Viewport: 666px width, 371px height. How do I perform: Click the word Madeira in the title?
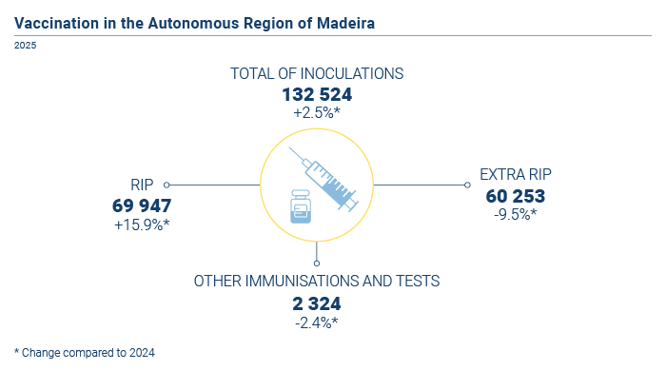click(345, 24)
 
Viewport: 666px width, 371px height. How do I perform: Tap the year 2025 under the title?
click(25, 46)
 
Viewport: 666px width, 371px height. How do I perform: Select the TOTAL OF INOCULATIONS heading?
click(317, 74)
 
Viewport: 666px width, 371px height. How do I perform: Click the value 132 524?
click(317, 95)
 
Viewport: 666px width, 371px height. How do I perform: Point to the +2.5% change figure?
click(317, 113)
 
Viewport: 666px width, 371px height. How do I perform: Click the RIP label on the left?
click(142, 185)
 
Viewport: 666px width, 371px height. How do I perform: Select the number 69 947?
click(142, 205)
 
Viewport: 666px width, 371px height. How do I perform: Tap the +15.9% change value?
click(142, 225)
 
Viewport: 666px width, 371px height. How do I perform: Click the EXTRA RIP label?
click(516, 174)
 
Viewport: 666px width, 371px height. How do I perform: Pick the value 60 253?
click(516, 196)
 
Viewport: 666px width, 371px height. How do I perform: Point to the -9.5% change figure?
click(516, 215)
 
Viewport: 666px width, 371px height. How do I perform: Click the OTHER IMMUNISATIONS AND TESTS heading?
click(317, 281)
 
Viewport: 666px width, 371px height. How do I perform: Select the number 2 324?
click(317, 303)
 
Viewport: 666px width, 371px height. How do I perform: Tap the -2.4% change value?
click(317, 323)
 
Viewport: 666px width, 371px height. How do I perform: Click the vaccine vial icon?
click(301, 206)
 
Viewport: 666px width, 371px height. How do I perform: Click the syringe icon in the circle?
click(324, 179)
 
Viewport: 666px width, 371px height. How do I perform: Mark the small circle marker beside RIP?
click(166, 185)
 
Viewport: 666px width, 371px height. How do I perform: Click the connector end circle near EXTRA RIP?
click(467, 185)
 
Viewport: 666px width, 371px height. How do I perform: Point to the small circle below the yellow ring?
click(317, 264)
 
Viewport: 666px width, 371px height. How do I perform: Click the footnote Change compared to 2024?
click(85, 353)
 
